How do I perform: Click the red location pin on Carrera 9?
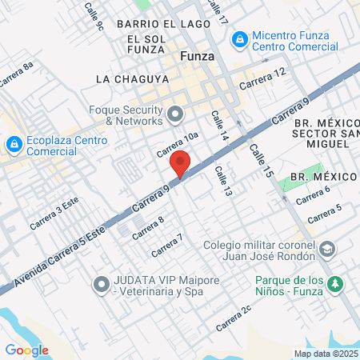point(180,165)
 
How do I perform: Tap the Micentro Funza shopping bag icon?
point(238,38)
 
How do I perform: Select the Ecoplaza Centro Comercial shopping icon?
point(14,144)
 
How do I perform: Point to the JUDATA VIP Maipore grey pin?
point(102,284)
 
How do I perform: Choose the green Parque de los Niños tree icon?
point(336,284)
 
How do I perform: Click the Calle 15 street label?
point(260,161)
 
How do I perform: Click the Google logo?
point(26,350)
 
